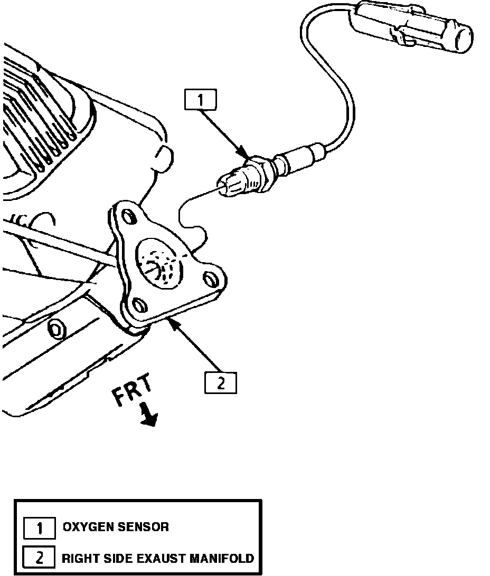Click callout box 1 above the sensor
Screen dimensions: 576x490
click(201, 100)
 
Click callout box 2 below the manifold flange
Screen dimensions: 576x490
click(221, 383)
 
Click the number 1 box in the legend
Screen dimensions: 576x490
click(40, 527)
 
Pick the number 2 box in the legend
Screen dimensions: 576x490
click(40, 558)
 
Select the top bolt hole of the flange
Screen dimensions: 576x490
click(127, 216)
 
